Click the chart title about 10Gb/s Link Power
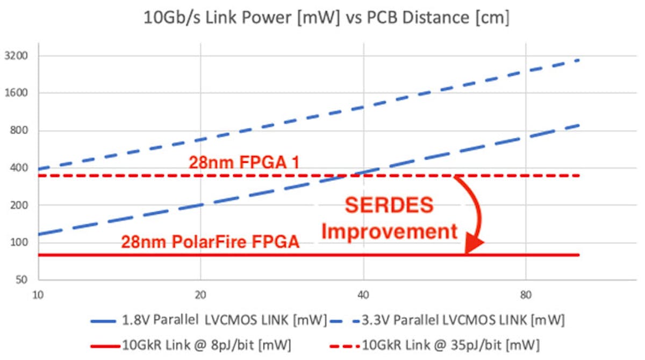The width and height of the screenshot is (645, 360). (x=326, y=18)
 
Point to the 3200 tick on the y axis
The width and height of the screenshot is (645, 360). (x=18, y=56)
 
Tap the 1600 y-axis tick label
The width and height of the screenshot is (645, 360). (x=18, y=93)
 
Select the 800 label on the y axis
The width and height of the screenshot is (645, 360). (x=20, y=131)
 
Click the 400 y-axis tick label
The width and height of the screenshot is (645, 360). (x=20, y=168)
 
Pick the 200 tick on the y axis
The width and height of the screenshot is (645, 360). (x=20, y=205)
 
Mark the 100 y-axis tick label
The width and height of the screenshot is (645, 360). (x=20, y=243)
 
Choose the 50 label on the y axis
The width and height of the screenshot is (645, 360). (x=22, y=280)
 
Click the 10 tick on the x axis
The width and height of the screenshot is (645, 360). (x=38, y=294)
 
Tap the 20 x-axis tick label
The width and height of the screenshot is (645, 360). (x=200, y=294)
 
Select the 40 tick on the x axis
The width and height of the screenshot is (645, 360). (x=363, y=294)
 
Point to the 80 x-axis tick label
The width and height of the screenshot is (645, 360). (x=526, y=294)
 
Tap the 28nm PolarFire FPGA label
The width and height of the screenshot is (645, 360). (x=210, y=242)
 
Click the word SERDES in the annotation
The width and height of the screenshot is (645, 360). (x=389, y=206)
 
